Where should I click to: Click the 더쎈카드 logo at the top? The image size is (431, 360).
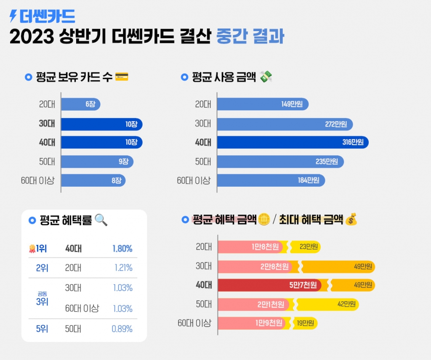(x=42, y=16)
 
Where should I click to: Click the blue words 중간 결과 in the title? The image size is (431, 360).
(x=250, y=37)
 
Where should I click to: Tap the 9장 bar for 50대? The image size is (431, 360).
(x=97, y=161)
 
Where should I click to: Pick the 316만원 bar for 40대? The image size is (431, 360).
(x=293, y=142)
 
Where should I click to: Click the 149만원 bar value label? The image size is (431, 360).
(x=292, y=104)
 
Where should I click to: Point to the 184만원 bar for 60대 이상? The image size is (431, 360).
(x=271, y=180)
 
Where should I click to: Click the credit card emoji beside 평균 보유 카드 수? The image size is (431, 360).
(x=121, y=77)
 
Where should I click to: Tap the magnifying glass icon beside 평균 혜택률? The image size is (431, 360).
(x=101, y=220)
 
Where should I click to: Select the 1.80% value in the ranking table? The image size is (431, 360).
(x=122, y=249)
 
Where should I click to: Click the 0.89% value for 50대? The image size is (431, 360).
(x=122, y=329)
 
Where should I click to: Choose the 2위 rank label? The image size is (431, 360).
(x=42, y=268)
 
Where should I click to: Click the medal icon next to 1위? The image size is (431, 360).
(x=32, y=249)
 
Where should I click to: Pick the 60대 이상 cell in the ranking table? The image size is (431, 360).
(x=82, y=309)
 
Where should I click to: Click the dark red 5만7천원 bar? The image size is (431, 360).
(x=269, y=285)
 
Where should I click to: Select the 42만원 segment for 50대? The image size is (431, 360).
(x=328, y=304)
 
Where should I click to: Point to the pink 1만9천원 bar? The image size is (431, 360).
(x=253, y=323)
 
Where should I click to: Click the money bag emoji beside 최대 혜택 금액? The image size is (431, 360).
(x=351, y=220)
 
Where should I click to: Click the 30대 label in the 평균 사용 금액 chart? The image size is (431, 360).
(x=203, y=124)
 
